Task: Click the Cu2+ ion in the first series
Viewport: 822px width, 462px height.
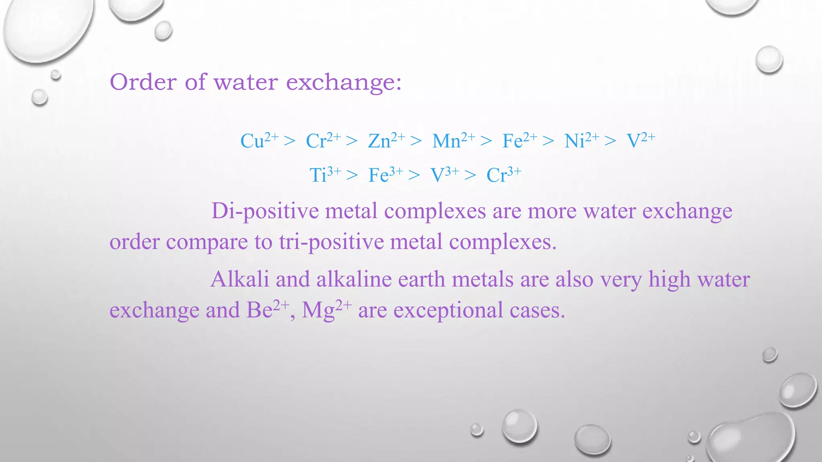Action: pyautogui.click(x=259, y=140)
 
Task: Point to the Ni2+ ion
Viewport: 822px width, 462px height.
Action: pyautogui.click(x=582, y=140)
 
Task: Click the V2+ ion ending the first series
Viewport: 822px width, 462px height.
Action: pyautogui.click(x=641, y=140)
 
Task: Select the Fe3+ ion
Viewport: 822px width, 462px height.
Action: pyautogui.click(x=386, y=174)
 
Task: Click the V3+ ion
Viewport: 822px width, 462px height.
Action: pyautogui.click(x=444, y=174)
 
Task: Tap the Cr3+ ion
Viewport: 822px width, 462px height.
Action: pyautogui.click(x=504, y=174)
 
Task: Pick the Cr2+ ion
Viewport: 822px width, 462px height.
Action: pyautogui.click(x=323, y=140)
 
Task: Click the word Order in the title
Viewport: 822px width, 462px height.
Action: pyautogui.click(x=143, y=82)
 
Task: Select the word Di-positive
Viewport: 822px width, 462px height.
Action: pyautogui.click(x=265, y=211)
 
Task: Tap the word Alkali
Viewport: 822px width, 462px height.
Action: pyautogui.click(x=240, y=279)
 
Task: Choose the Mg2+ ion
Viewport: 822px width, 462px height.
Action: pyautogui.click(x=326, y=310)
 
